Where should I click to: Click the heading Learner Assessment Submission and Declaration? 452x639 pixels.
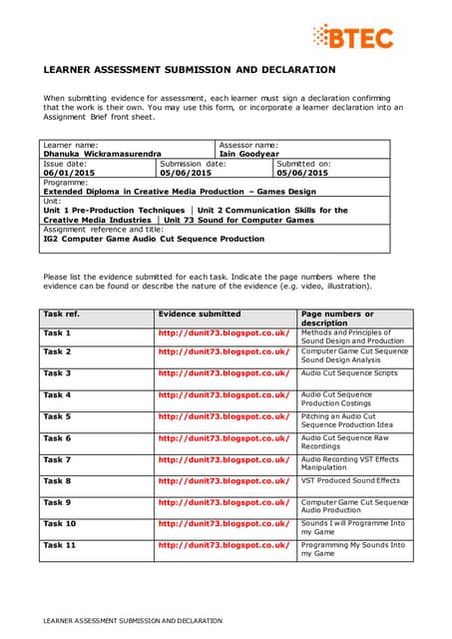190,70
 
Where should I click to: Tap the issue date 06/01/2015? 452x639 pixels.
69,173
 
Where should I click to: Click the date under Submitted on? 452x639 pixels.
300,173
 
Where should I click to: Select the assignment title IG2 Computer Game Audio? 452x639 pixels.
154,240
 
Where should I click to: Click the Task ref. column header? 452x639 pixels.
61,314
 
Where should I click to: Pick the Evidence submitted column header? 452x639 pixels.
199,314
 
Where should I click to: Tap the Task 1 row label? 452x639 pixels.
57,332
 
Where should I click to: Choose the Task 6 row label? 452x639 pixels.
57,438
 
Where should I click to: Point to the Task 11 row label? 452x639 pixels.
60,545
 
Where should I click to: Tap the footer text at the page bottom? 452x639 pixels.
131,620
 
